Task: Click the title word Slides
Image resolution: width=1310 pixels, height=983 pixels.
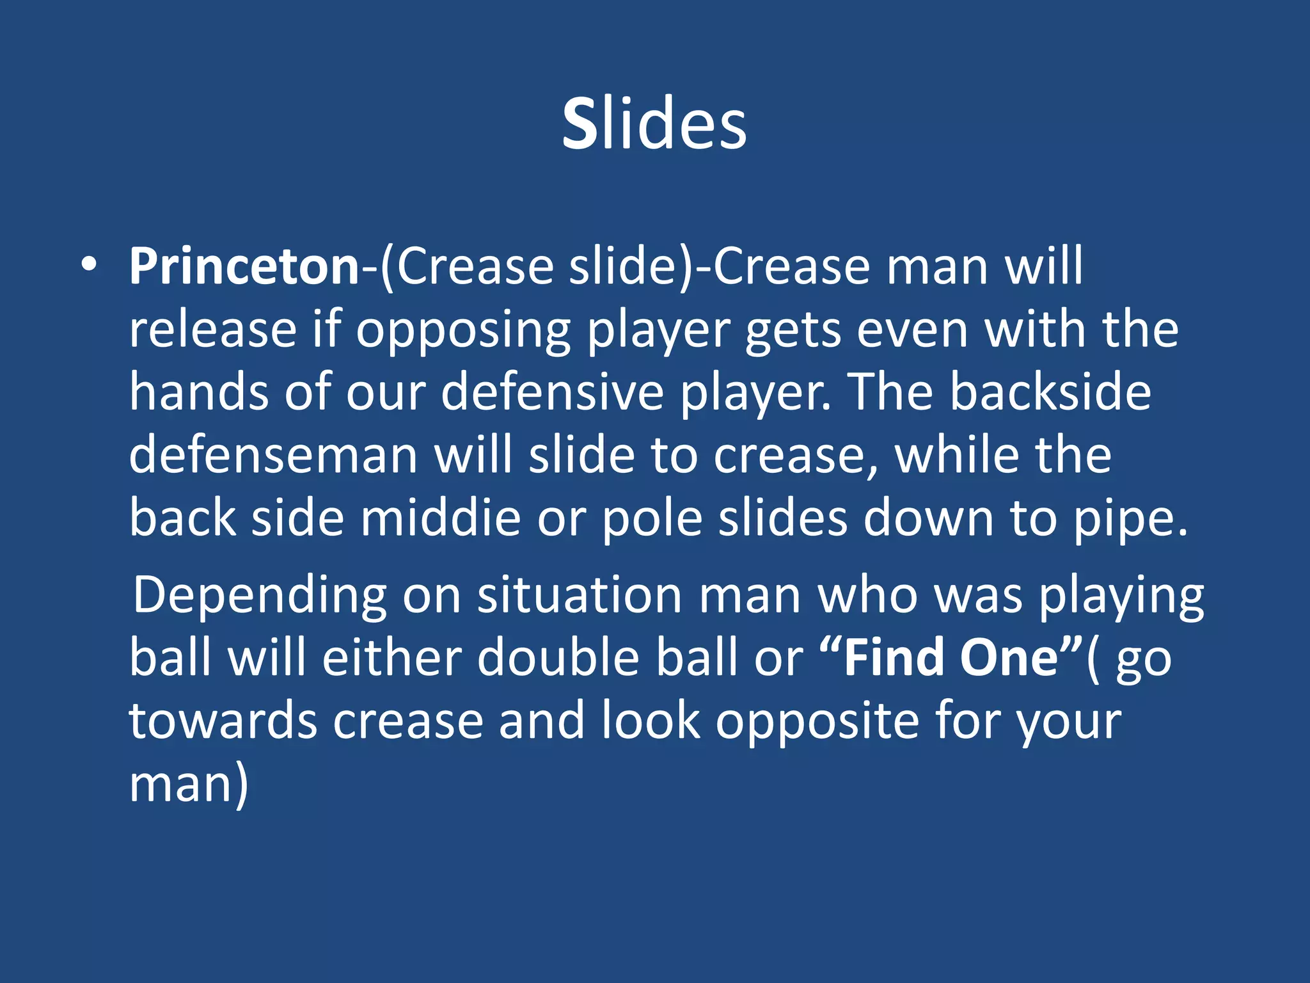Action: click(654, 123)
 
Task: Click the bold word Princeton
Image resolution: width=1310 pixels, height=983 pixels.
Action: click(244, 266)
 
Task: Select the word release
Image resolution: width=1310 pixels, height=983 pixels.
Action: click(212, 330)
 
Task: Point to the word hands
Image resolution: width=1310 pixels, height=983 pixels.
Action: click(198, 392)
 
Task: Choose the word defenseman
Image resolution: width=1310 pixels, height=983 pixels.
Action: click(273, 455)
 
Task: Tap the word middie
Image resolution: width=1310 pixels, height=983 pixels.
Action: click(441, 518)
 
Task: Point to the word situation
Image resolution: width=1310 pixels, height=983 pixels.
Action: click(580, 595)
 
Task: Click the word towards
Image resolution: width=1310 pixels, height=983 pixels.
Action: click(223, 721)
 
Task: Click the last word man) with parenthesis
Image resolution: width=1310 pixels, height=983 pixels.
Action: click(188, 785)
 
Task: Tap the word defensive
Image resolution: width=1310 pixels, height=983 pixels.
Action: click(553, 392)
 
